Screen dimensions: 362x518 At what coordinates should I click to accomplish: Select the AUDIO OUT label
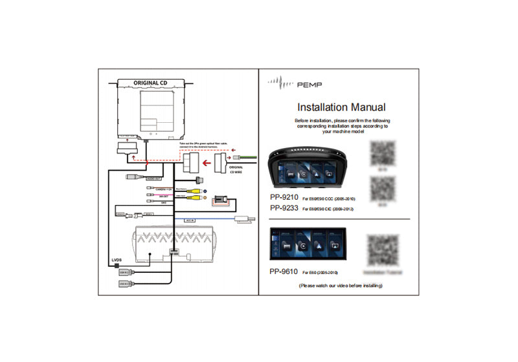click(153, 178)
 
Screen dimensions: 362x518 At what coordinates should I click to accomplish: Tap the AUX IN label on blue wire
click(190, 220)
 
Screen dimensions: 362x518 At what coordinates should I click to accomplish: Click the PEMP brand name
click(310, 84)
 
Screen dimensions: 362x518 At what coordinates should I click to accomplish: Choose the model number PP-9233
click(284, 208)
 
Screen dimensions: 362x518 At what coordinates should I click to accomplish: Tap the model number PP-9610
click(284, 272)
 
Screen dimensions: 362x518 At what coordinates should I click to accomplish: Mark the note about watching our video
click(339, 285)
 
